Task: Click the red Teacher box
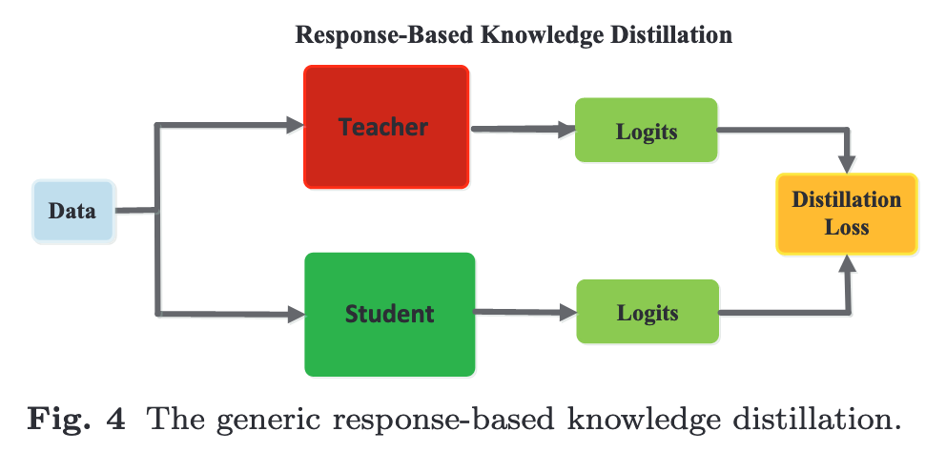pos(385,127)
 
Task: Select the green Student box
pos(389,314)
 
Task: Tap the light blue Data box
pos(73,211)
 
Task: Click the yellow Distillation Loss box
pos(846,214)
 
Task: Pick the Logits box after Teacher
pos(647,130)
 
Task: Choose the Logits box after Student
pos(647,313)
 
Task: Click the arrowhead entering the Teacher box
pos(294,123)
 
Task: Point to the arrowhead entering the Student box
pos(294,313)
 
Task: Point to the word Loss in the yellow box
pos(847,228)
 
